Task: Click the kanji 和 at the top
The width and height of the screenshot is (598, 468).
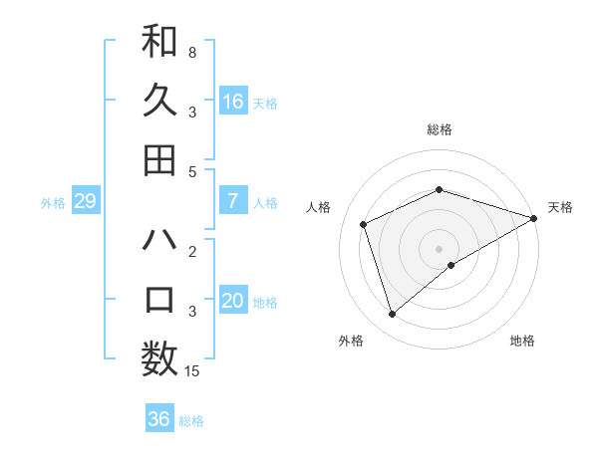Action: (159, 42)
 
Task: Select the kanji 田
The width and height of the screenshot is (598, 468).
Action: (159, 159)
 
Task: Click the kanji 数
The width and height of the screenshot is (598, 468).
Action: (159, 358)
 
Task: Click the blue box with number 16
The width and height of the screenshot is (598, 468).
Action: (233, 102)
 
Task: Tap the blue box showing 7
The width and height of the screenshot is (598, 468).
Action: (233, 201)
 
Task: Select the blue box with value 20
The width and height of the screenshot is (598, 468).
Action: (233, 301)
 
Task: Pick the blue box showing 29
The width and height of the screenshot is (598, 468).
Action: (85, 201)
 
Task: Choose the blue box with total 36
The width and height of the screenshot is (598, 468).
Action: (159, 419)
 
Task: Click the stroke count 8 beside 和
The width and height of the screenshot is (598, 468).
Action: (192, 52)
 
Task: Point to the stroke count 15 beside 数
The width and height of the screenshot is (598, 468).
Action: (193, 371)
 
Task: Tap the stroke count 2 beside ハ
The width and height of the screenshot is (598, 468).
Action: (192, 251)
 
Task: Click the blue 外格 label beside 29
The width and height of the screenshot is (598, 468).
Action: (53, 203)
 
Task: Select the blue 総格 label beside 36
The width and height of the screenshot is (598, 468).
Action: (191, 421)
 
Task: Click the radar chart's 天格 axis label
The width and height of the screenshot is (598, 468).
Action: (560, 207)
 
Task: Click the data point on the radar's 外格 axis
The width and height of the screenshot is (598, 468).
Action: (392, 315)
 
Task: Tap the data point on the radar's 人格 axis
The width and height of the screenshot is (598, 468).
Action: (364, 224)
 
